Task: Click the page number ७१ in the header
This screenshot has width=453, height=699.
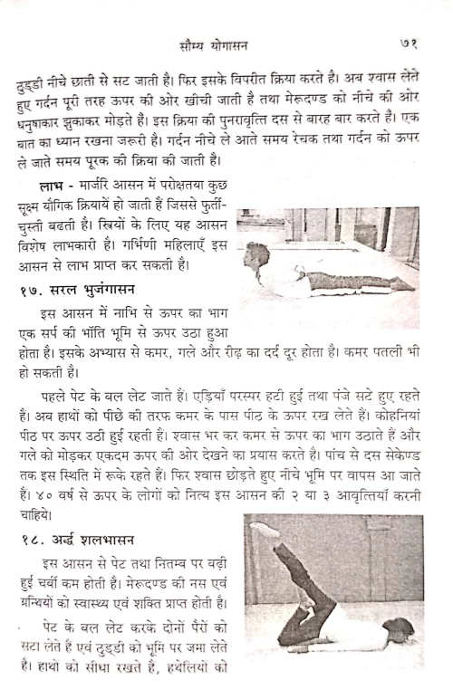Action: (x=405, y=43)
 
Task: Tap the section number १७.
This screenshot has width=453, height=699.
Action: (x=32, y=289)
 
